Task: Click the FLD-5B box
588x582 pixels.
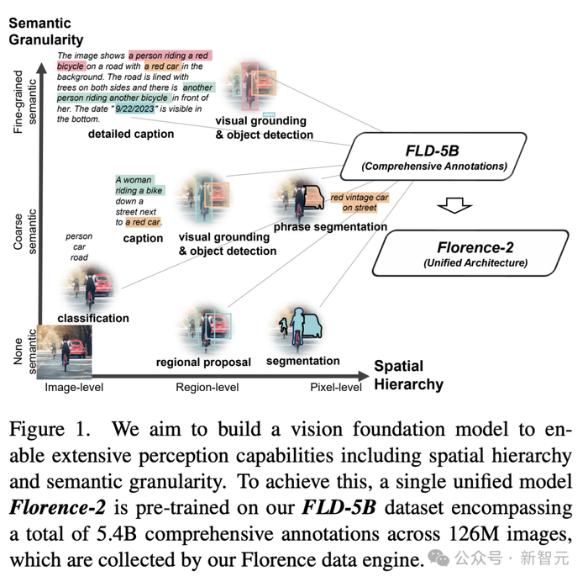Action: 431,157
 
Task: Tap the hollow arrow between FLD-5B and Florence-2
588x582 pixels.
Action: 455,205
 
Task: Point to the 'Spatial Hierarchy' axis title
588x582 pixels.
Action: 408,376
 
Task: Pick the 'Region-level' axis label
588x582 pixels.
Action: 207,388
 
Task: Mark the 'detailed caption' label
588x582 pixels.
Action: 131,134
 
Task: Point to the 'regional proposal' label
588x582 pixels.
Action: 204,362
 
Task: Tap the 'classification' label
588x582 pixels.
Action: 93,318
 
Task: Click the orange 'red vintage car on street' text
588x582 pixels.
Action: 359,203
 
